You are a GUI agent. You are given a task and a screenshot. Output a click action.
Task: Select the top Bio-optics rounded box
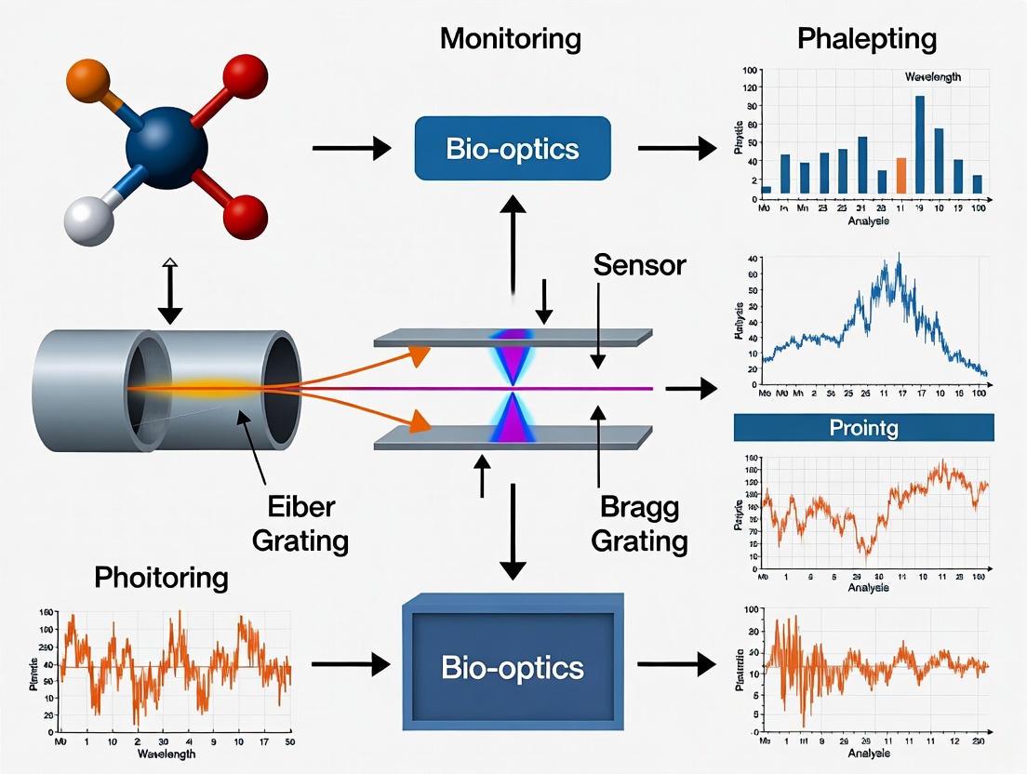coord(512,147)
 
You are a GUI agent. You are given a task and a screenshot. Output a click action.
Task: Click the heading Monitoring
coord(511,38)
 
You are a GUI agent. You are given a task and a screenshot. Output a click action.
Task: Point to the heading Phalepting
coord(866,39)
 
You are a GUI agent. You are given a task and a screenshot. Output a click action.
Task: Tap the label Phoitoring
coord(162,577)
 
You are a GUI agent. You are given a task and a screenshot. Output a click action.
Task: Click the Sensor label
coord(639,265)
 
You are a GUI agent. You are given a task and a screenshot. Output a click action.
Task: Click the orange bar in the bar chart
coord(900,175)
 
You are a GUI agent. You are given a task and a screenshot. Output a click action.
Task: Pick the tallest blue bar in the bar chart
coord(919,144)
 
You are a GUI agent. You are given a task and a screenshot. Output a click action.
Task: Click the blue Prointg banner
coord(864,427)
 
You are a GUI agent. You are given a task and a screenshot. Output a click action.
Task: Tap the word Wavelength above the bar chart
coord(932,77)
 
